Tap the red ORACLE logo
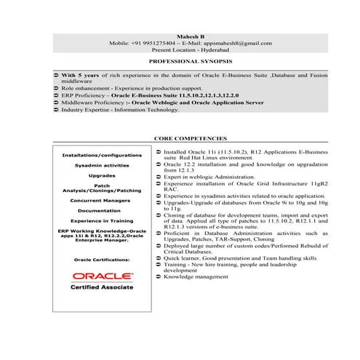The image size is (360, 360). click(x=102, y=276)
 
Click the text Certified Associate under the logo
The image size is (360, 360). click(x=102, y=288)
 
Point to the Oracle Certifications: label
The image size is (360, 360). click(x=102, y=258)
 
